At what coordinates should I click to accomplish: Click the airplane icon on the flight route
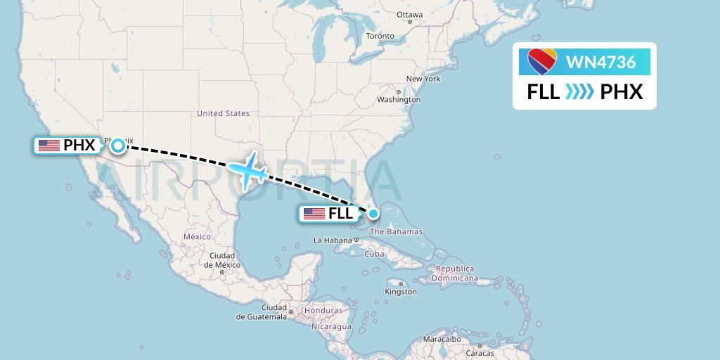247,170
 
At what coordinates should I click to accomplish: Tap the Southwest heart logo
541,62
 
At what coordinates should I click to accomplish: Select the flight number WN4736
600,63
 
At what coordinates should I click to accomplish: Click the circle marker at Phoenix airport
118,146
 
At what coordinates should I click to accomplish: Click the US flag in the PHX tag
49,146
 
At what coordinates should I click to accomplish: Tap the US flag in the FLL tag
314,214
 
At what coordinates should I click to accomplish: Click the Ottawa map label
409,15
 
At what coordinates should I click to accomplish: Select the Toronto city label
380,36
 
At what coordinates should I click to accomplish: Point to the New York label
423,79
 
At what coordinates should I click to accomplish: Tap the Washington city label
399,99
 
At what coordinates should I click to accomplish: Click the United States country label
223,113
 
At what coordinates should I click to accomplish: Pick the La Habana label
332,240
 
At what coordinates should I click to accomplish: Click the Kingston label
401,291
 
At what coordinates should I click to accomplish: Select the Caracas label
479,353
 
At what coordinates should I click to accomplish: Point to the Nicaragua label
332,327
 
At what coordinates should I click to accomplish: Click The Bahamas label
396,232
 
